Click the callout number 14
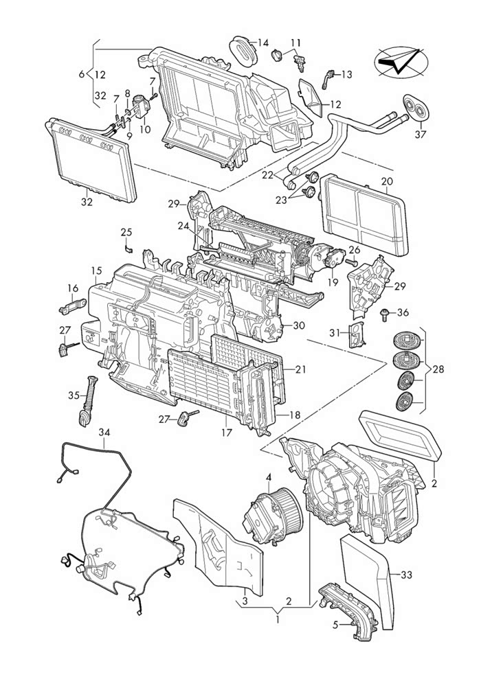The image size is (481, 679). [263, 43]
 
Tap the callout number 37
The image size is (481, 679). [421, 135]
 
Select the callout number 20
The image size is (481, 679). [387, 182]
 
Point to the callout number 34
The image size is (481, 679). [104, 432]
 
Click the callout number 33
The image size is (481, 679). [407, 575]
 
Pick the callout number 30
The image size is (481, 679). [299, 325]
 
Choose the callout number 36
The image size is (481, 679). [403, 312]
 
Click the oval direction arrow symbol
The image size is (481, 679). [401, 62]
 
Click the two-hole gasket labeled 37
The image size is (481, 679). [415, 106]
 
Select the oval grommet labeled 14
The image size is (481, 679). [243, 51]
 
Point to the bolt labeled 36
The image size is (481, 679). [384, 315]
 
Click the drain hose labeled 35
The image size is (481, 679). [87, 402]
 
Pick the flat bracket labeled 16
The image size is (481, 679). [73, 306]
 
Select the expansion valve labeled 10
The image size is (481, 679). [142, 106]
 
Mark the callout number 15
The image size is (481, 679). [96, 271]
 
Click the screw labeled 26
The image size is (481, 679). [353, 262]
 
